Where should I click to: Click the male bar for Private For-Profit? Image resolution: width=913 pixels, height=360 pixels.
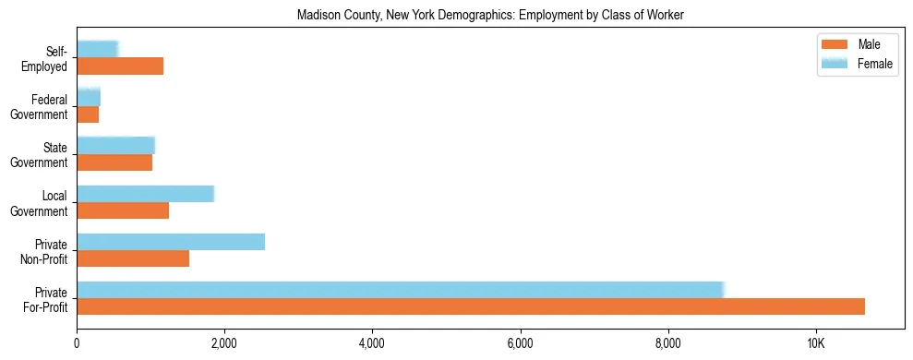pyautogui.click(x=471, y=306)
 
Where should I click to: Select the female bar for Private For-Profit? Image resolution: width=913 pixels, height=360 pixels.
pyautogui.click(x=400, y=290)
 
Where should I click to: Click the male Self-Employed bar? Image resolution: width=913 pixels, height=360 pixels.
pyautogui.click(x=120, y=66)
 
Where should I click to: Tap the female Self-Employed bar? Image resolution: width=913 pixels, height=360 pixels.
pyautogui.click(x=97, y=49)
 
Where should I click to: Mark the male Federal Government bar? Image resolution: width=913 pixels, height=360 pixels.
pyautogui.click(x=88, y=114)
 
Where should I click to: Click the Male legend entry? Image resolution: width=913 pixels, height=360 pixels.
pyautogui.click(x=852, y=45)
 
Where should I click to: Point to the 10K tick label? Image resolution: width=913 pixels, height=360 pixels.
pyautogui.click(x=816, y=344)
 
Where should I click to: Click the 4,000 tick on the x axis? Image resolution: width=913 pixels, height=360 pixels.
pyautogui.click(x=373, y=344)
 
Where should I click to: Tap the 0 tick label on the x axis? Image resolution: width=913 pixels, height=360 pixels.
pyautogui.click(x=77, y=344)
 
